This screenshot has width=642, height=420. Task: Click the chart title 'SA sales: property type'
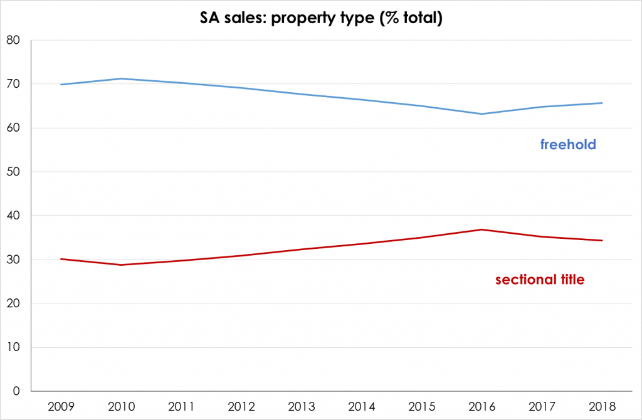[321, 19]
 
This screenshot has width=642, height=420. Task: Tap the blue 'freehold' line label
[567, 145]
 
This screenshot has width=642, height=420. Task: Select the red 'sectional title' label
[539, 280]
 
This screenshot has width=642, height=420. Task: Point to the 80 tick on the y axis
[13, 41]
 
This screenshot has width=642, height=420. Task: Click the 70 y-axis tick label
[13, 85]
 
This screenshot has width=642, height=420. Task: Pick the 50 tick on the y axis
[13, 172]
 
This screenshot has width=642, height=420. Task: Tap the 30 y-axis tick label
[13, 260]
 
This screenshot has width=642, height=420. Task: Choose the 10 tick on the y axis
[13, 348]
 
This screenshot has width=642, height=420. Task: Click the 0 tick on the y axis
[16, 392]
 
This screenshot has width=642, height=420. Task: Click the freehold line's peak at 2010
[121, 78]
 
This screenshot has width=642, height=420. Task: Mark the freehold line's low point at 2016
[482, 114]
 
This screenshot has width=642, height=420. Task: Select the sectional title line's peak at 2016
[482, 229]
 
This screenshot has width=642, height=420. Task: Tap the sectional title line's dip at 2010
[121, 265]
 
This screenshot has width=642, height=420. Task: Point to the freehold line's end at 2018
[603, 103]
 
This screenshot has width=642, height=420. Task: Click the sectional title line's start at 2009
[61, 259]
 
